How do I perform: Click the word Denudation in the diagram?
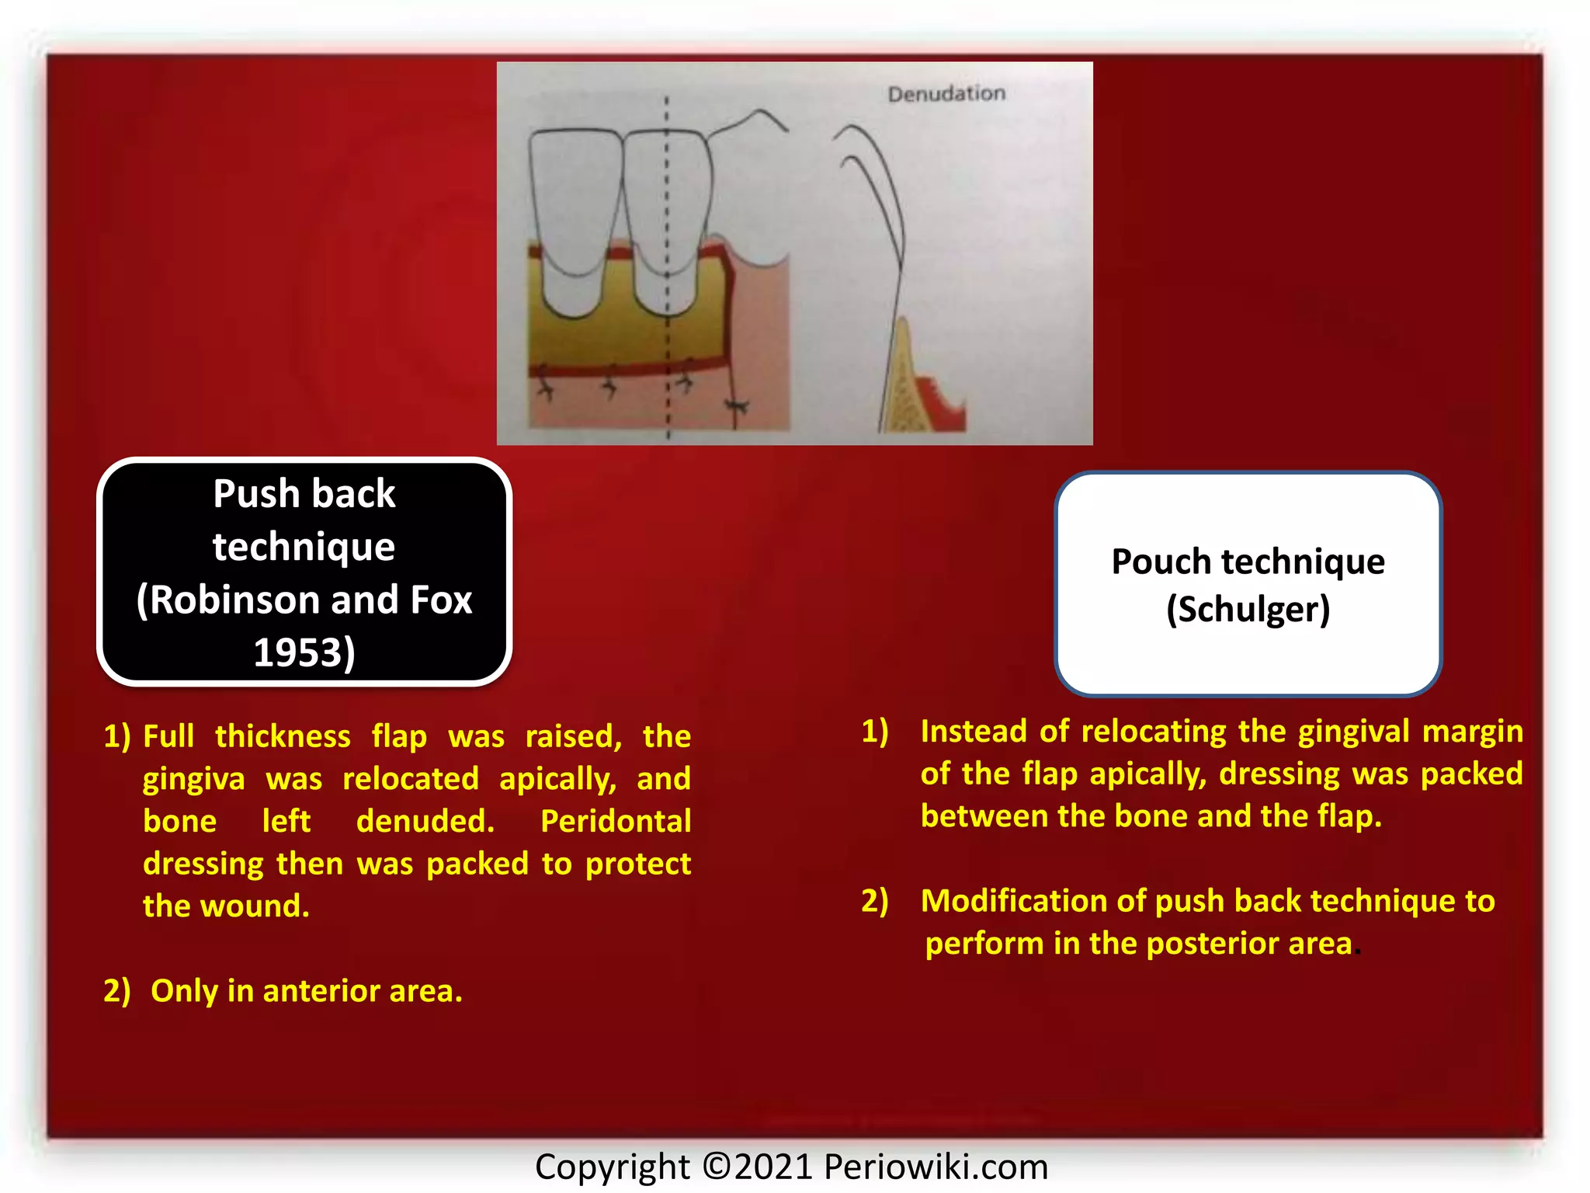pyautogui.click(x=946, y=94)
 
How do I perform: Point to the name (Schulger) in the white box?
pyautogui.click(x=1248, y=610)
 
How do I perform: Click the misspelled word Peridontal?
pyautogui.click(x=615, y=821)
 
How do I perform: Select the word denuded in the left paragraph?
pyautogui.click(x=425, y=821)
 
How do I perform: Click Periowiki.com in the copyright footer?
pyautogui.click(x=936, y=1167)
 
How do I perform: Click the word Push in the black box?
pyautogui.click(x=256, y=494)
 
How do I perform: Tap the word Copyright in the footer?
pyautogui.click(x=612, y=1167)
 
